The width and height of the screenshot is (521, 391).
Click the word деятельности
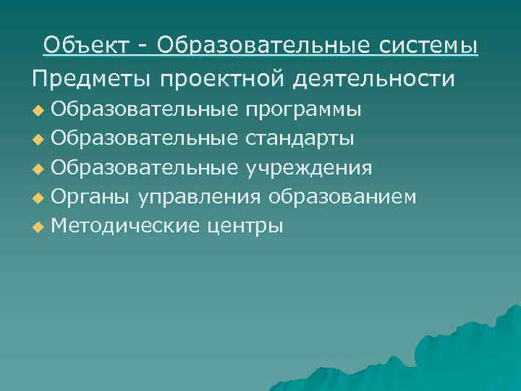pos(375,77)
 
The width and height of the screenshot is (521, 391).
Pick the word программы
pos(304,110)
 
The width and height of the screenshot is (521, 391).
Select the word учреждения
pos(309,168)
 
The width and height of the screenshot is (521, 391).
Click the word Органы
pos(90,197)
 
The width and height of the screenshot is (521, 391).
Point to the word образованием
pos(342,197)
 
